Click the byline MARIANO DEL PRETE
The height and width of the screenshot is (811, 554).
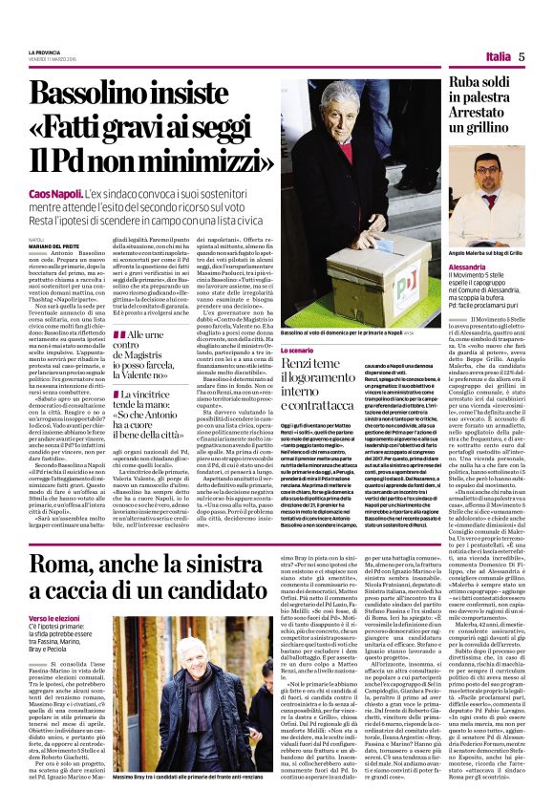51,246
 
